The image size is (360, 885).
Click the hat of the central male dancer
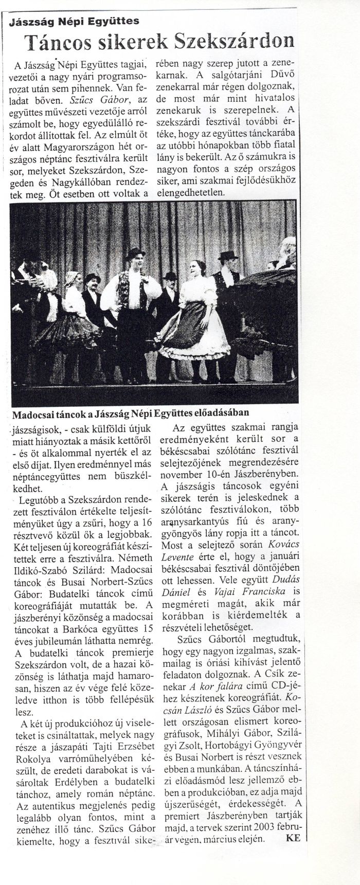[135, 253]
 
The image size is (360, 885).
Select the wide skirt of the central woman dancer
[187, 333]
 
